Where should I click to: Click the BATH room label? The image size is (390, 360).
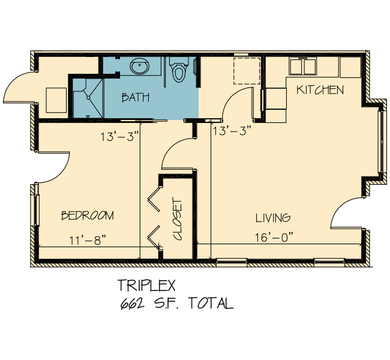(x=136, y=97)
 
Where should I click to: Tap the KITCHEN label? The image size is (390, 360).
(x=320, y=90)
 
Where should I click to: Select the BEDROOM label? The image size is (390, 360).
(x=88, y=215)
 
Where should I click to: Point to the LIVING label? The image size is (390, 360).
(x=273, y=218)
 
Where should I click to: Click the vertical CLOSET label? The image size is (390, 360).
(x=178, y=219)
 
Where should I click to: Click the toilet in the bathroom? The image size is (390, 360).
(x=178, y=70)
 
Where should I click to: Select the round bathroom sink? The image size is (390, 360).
(x=140, y=66)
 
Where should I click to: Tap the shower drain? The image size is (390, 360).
(x=88, y=98)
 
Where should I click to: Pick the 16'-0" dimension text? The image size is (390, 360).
(x=274, y=237)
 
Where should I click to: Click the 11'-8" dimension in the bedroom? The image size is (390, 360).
(x=88, y=241)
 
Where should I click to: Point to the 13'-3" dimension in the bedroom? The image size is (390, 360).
(x=119, y=137)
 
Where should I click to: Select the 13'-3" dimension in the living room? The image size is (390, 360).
(x=232, y=131)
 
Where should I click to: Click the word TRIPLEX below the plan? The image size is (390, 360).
(x=147, y=285)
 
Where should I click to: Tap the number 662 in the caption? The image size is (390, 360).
(x=133, y=303)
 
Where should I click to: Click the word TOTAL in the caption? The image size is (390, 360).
(x=211, y=303)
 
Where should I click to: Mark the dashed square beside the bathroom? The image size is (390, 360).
(x=247, y=71)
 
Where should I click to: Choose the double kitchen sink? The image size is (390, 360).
(x=302, y=66)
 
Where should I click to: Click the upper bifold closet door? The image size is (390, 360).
(x=154, y=199)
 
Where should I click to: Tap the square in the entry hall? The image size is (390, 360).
(x=56, y=100)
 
